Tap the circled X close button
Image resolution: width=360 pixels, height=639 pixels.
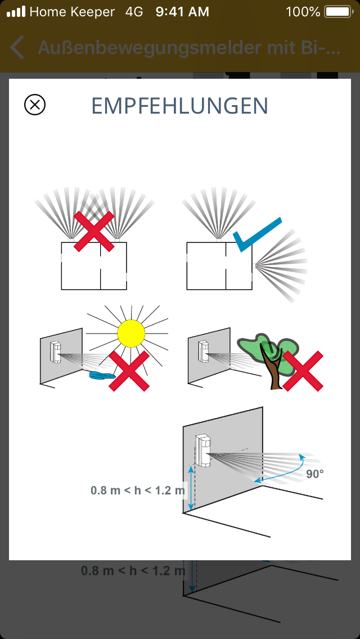[35, 105]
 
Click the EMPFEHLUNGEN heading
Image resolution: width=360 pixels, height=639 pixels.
[180, 106]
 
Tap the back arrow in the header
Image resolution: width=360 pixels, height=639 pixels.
[17, 47]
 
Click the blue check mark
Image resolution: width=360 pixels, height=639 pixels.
[257, 235]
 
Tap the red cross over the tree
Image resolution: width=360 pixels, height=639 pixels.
[303, 371]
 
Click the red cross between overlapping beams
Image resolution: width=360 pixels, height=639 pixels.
[94, 231]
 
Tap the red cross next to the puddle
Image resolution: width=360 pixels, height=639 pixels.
[129, 371]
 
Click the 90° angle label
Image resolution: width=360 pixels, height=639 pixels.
[315, 474]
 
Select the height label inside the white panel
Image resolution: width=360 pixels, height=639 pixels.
[138, 490]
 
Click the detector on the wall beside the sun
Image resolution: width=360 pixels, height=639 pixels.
[56, 352]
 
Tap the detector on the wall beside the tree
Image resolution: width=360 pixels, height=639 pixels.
[204, 351]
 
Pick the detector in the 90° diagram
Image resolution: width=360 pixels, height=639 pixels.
[203, 449]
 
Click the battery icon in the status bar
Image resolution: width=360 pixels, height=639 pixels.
[337, 12]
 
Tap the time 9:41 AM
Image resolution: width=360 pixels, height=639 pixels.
[182, 12]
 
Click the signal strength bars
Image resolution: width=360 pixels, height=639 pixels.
[16, 12]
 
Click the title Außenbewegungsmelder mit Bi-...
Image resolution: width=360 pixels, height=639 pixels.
[189, 48]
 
